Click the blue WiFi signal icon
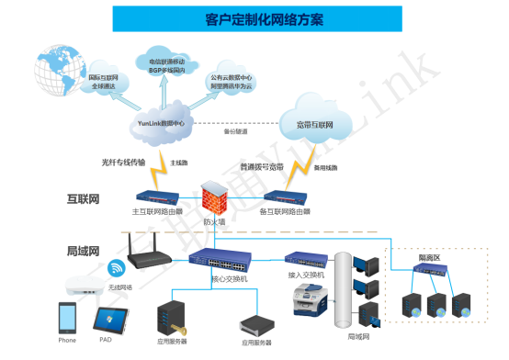coord(117,268)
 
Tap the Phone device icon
coord(67,318)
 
